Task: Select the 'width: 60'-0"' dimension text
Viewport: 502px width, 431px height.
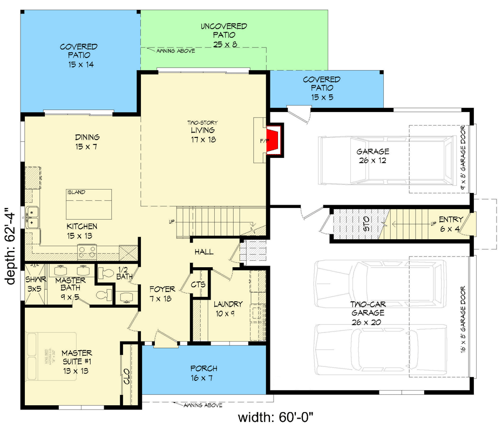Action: (x=276, y=418)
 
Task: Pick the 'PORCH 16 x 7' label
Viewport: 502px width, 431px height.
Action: (x=204, y=373)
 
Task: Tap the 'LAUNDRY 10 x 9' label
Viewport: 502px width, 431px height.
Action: (x=227, y=308)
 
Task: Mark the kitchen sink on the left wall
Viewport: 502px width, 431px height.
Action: (x=32, y=216)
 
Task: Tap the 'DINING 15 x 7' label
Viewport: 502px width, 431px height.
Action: (x=87, y=142)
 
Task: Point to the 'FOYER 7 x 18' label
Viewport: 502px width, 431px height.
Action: (x=162, y=294)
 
